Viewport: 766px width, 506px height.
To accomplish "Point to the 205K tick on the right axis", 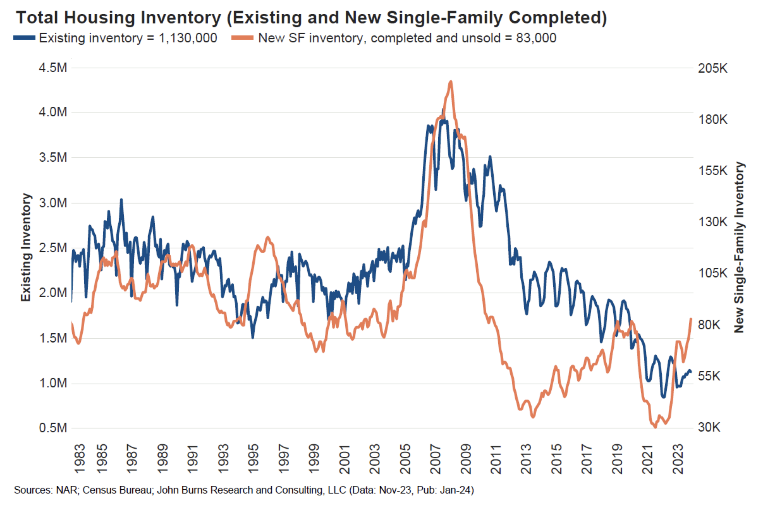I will coord(713,68).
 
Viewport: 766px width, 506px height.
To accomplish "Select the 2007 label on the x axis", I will coord(435,459).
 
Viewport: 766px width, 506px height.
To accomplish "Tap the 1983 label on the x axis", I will coord(80,459).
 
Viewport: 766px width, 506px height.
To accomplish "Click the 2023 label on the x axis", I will coord(678,459).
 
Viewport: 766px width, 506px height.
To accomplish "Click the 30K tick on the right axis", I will coord(709,427).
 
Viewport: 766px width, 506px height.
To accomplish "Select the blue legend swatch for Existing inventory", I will coord(24,38).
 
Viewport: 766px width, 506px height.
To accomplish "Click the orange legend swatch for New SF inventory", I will coord(242,38).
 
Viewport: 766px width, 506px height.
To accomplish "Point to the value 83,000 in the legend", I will coord(536,38).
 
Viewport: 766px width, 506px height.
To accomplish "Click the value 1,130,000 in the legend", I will coord(188,38).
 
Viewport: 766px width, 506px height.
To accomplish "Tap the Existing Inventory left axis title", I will coord(26,248).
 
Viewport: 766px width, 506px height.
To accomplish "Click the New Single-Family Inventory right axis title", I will coord(739,248).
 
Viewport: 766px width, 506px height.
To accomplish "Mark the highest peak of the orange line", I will coord(451,82).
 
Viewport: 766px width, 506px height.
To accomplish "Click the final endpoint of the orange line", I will coord(691,319).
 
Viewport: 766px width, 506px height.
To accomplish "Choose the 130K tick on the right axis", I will coord(713,222).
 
